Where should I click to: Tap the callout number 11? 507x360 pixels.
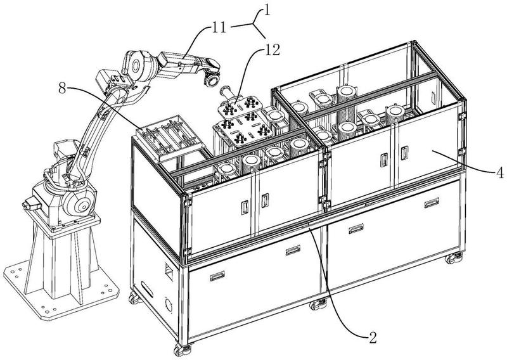coord(219,28)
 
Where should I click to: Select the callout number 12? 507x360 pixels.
coord(272,50)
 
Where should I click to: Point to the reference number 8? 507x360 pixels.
coord(62,88)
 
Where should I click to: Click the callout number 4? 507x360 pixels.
coord(499,172)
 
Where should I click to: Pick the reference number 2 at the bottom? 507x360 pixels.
coord(373,338)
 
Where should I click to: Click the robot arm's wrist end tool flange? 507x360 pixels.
coord(212,79)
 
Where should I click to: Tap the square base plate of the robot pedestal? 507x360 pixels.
coord(61,288)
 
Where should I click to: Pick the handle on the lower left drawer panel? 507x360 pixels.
coord(217,276)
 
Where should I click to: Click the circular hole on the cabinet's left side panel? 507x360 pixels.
coord(169,305)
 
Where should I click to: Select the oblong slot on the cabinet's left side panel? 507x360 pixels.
coord(147,289)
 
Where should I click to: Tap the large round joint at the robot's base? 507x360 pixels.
coord(79,204)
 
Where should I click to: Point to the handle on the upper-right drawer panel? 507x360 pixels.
coord(432,202)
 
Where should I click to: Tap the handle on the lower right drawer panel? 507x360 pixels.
coord(356,228)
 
